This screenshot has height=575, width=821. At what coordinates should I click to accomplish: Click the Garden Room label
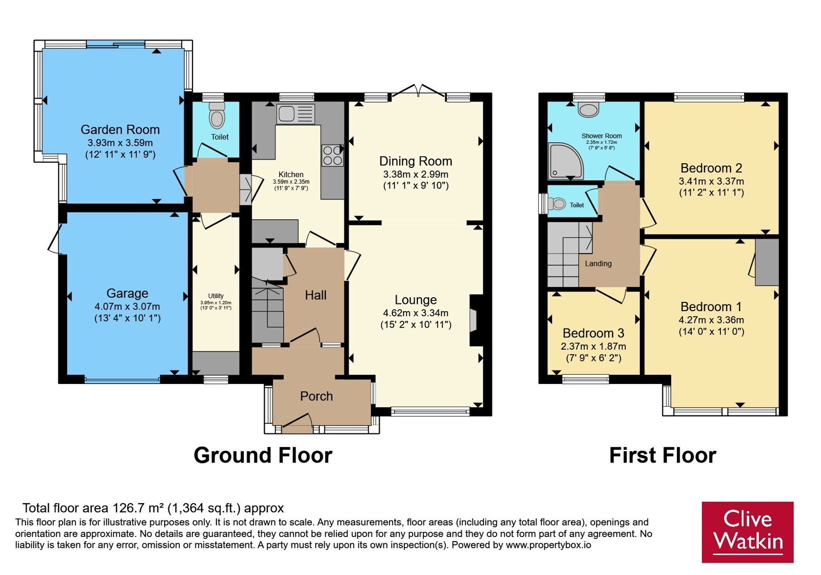coord(120,129)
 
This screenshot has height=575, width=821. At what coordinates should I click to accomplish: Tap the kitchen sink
coord(296,113)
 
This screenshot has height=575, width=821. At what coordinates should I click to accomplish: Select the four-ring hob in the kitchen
coord(333,156)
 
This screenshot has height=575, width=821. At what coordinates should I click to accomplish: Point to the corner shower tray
coord(565,161)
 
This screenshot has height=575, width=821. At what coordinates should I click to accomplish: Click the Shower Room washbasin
coord(589,109)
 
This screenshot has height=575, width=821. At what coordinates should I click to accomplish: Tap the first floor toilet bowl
coord(556,203)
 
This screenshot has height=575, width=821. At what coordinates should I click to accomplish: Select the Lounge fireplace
coord(476,320)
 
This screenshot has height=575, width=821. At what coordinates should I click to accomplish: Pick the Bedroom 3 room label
coord(593,333)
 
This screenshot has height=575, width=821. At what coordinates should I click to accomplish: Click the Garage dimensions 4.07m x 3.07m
coord(127,306)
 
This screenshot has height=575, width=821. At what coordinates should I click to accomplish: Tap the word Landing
coord(598,263)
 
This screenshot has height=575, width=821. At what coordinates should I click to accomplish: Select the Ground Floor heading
coord(263,455)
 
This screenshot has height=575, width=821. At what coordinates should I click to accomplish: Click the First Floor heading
coord(662,455)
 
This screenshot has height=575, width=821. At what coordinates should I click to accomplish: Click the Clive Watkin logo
coord(748,532)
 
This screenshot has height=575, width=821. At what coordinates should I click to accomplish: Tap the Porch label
coord(316,396)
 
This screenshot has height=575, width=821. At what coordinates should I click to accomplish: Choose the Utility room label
coord(216,296)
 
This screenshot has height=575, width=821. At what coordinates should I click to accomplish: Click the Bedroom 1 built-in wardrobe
coord(767,262)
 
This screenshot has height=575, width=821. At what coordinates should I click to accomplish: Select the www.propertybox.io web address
coord(549,545)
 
